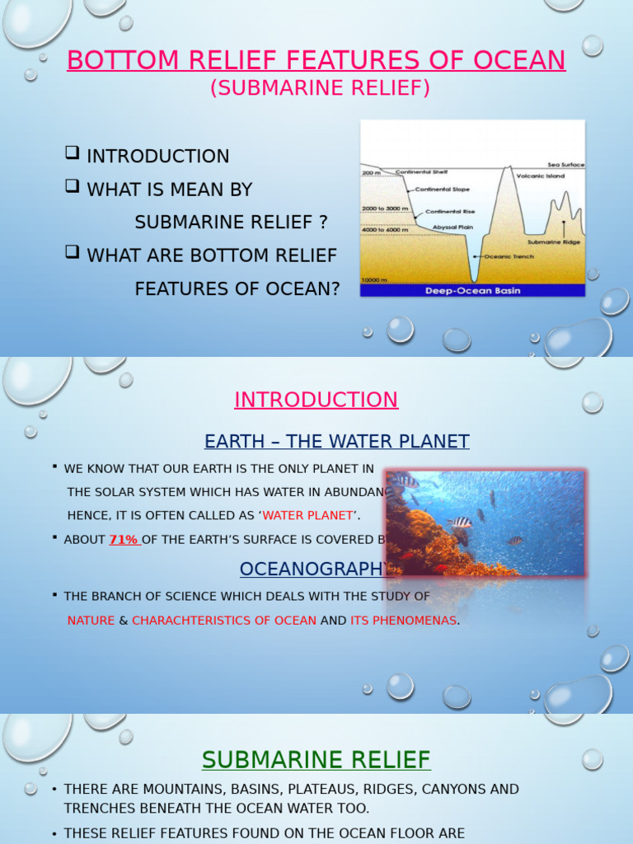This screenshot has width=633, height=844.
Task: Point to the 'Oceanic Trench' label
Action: click(509, 256)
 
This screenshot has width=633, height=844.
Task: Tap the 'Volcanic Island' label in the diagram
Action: click(539, 176)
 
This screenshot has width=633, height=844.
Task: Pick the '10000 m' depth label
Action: click(376, 280)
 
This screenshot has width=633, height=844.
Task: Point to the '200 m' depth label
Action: click(371, 173)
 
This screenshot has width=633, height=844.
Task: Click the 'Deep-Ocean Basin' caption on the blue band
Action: click(472, 291)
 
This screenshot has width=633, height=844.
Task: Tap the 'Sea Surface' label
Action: click(565, 165)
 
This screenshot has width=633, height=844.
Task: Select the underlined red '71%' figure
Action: click(124, 540)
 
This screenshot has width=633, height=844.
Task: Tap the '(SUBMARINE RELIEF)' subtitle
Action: click(320, 88)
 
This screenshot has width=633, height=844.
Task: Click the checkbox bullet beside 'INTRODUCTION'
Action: click(72, 152)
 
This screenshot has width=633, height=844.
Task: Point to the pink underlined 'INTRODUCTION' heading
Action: click(316, 400)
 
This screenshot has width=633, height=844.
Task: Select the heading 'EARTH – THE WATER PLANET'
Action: click(337, 441)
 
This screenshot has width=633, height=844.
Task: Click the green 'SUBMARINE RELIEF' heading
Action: click(316, 759)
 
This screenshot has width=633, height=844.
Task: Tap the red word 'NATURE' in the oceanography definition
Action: click(91, 620)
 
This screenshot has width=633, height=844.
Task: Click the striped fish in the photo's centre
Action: click(462, 523)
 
